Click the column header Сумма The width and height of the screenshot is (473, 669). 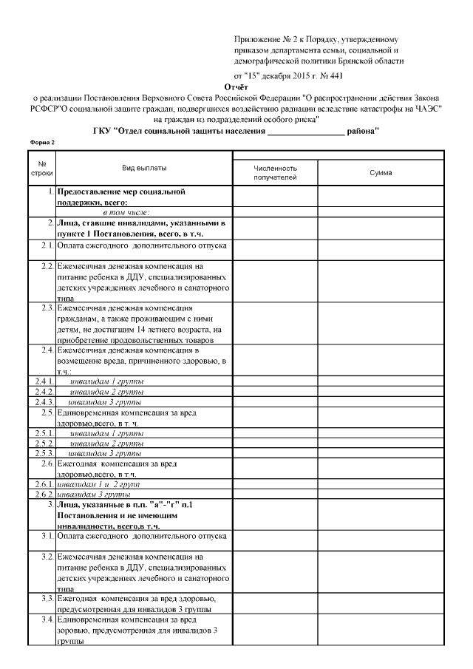tap(381, 172)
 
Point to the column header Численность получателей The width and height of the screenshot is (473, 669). tap(275, 173)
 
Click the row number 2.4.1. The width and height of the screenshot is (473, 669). tap(41, 381)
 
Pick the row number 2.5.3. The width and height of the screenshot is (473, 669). tap(41, 452)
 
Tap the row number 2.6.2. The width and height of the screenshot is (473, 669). tap(41, 494)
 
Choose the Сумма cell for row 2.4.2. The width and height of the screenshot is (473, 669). tap(381, 392)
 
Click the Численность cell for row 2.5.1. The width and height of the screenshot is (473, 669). tap(275, 432)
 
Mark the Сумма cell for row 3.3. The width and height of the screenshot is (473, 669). tap(381, 603)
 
